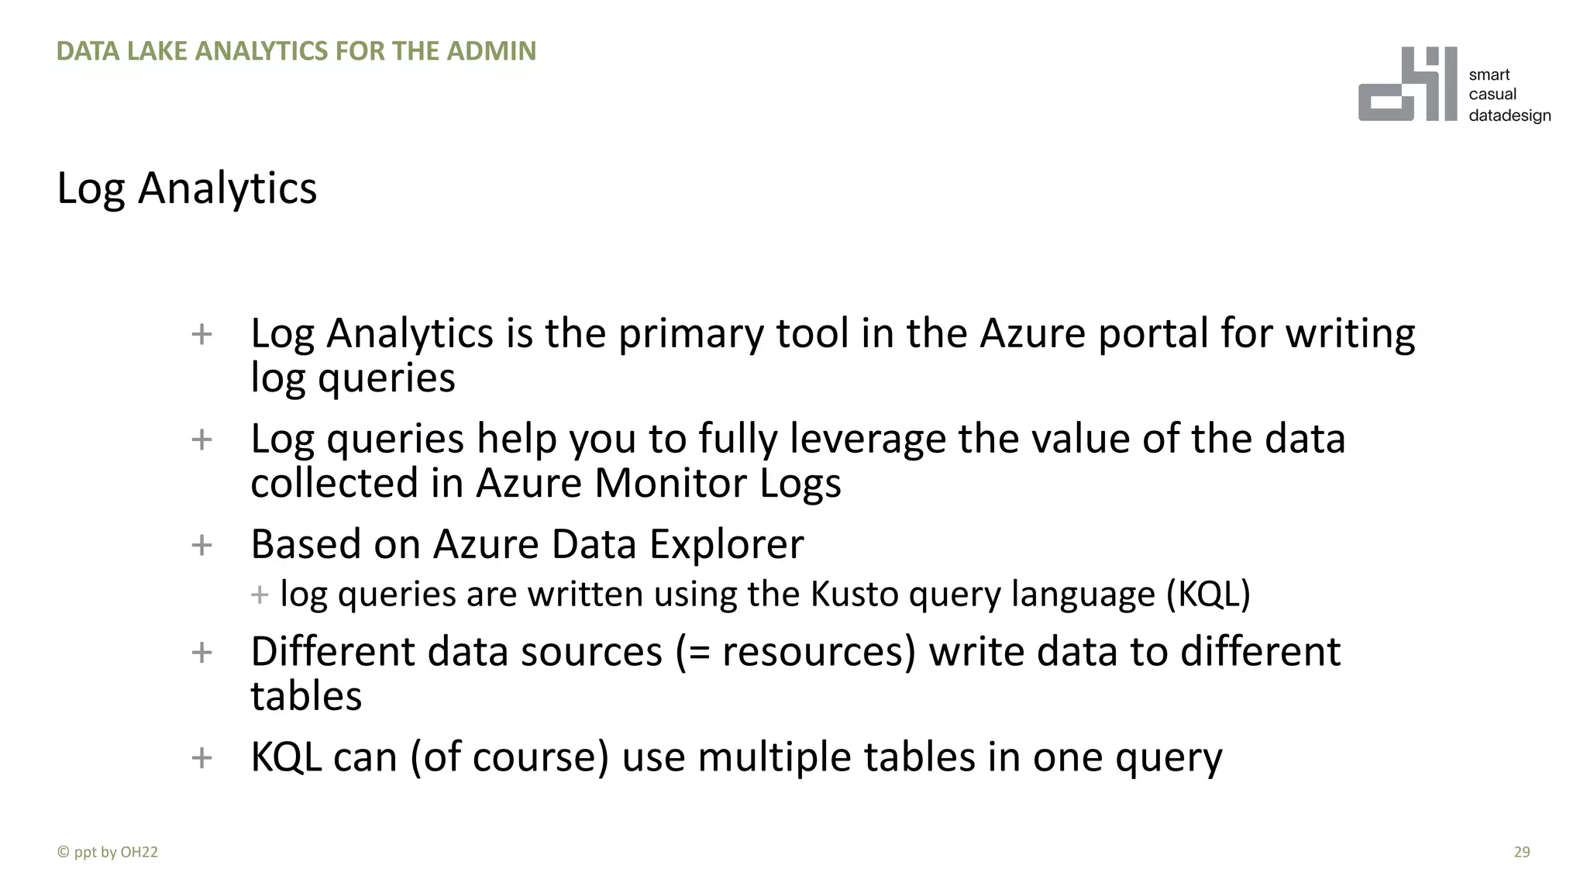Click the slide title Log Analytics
coord(187,188)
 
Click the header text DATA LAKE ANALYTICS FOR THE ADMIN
coord(296,51)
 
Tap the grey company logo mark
coord(1407,84)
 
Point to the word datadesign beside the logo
coord(1510,116)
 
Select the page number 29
coord(1521,852)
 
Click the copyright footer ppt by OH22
coord(108,852)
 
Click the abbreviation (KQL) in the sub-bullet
coord(1208,595)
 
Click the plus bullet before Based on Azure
coord(201,545)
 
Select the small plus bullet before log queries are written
coord(260,595)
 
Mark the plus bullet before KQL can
coord(201,757)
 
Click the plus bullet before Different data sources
coord(201,652)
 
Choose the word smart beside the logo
coord(1489,74)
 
